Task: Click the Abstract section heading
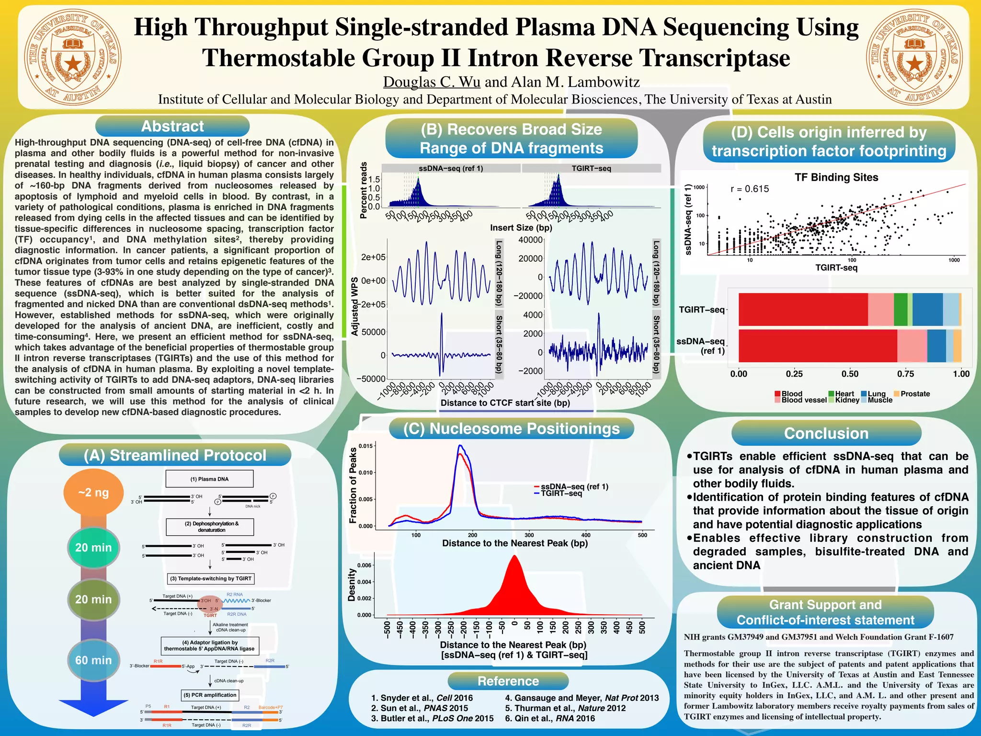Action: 172,126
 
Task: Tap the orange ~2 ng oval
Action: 93,493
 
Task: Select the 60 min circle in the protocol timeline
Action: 93,660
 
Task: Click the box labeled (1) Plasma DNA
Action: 209,479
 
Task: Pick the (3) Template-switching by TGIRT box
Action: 210,578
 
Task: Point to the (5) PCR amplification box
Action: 210,695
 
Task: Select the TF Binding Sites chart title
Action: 836,177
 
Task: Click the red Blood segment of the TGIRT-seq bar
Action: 803,310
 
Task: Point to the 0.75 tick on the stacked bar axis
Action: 905,374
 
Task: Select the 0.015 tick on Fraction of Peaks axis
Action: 365,446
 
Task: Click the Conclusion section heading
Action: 826,433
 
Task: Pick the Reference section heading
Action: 508,681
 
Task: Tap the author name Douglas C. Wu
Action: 432,82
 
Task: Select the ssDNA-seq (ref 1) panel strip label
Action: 450,168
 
